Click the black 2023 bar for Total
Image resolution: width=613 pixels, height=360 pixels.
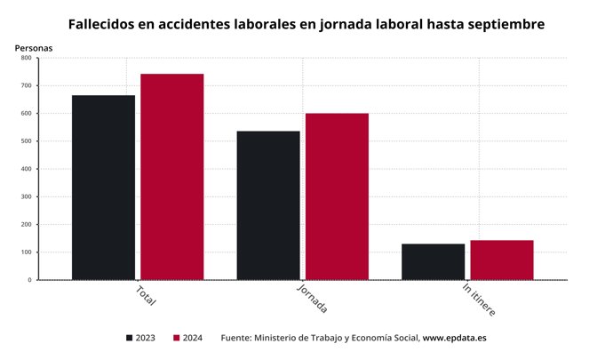pos(103,188)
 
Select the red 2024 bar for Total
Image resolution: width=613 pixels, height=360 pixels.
pos(171,177)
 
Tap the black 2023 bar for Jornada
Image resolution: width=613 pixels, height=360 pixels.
pos(267,205)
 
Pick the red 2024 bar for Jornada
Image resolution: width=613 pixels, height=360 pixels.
pos(337,196)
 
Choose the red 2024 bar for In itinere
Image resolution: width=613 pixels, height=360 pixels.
pos(502,260)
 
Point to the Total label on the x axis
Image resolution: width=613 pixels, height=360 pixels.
pos(146,296)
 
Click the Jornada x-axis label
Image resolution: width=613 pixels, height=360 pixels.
pos(312,300)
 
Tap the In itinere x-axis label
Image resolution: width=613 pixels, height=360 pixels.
pos(479,300)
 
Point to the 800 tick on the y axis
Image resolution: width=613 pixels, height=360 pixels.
pos(26,58)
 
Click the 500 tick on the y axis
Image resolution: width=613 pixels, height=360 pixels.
pos(26,141)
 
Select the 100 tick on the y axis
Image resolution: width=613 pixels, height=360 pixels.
pos(26,252)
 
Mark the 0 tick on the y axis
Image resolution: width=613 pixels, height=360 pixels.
pos(29,280)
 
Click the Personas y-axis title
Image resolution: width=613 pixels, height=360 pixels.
pos(34,46)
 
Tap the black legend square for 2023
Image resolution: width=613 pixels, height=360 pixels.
pos(130,338)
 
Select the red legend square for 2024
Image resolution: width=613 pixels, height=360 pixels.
pos(177,338)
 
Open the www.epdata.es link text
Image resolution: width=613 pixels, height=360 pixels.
pos(454,338)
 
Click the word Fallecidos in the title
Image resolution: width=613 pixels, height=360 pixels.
pos(102,23)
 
